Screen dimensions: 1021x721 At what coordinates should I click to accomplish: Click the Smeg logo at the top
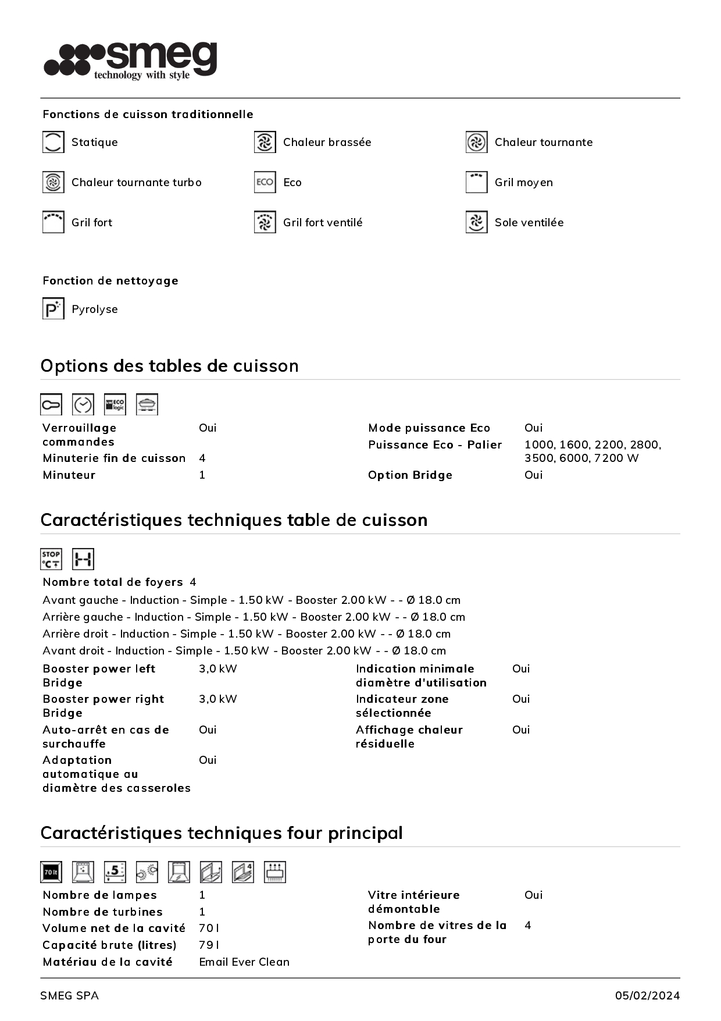point(131,60)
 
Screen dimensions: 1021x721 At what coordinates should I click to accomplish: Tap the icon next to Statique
point(53,142)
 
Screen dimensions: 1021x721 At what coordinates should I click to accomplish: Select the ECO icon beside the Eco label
point(265,182)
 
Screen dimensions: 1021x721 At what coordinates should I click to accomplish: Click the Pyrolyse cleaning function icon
point(53,308)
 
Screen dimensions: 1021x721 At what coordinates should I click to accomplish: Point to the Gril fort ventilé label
point(322,222)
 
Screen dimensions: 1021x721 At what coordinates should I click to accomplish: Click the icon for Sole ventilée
point(476,222)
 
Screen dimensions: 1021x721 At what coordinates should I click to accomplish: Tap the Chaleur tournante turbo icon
point(53,182)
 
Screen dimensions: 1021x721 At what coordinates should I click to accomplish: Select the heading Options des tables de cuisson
point(169,366)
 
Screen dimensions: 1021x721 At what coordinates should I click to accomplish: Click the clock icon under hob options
point(83,404)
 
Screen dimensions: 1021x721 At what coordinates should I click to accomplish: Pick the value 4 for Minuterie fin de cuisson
point(202,458)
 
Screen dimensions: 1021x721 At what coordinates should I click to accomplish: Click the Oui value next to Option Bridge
point(533,475)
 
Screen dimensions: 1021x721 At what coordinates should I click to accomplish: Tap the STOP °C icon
point(51,559)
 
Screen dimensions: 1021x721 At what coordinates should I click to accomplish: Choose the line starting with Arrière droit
point(247,634)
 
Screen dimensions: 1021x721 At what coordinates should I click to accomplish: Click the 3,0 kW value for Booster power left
point(217,668)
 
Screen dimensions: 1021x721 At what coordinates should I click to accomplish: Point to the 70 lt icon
point(51,872)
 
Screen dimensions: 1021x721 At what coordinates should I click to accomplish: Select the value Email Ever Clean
point(244,962)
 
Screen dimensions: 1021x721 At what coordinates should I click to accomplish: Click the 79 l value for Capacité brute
point(209,945)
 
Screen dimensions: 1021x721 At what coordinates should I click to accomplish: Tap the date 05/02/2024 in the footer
point(647,995)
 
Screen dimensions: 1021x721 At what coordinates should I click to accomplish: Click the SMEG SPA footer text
point(69,995)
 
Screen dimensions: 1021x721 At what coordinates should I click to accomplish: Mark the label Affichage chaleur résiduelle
point(409,737)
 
